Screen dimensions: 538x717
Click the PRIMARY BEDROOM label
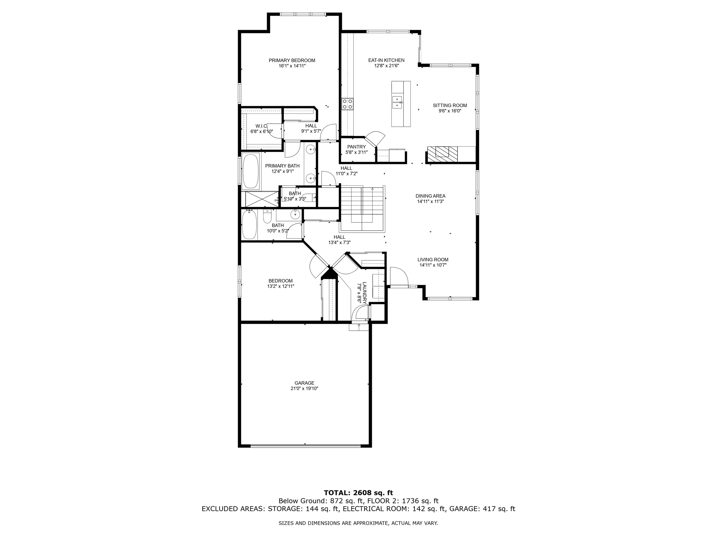point(292,60)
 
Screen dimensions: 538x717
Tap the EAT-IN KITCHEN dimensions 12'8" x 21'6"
point(386,66)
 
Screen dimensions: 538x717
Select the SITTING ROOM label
point(450,105)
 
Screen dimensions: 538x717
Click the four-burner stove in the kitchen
point(348,104)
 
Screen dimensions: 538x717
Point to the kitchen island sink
point(397,102)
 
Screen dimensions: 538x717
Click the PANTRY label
point(356,147)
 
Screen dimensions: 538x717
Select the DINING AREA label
point(430,196)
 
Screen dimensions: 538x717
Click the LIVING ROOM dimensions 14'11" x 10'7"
point(433,265)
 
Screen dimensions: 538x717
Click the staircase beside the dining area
point(362,208)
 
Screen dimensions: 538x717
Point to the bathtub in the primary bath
point(251,172)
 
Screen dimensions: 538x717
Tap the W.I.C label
point(261,126)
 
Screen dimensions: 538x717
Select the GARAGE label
point(304,383)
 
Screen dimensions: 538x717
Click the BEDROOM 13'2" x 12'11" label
point(280,281)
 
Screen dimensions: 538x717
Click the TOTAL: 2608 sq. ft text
point(358,493)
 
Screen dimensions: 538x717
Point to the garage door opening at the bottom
point(305,446)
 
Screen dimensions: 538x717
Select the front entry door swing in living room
point(399,277)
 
